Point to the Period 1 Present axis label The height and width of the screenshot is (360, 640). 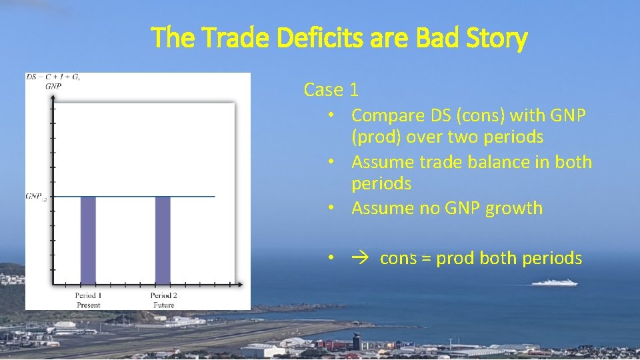click(88, 300)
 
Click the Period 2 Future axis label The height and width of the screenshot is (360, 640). click(163, 300)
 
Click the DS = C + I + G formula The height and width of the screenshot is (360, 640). click(53, 77)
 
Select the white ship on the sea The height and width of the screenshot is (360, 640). click(554, 283)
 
